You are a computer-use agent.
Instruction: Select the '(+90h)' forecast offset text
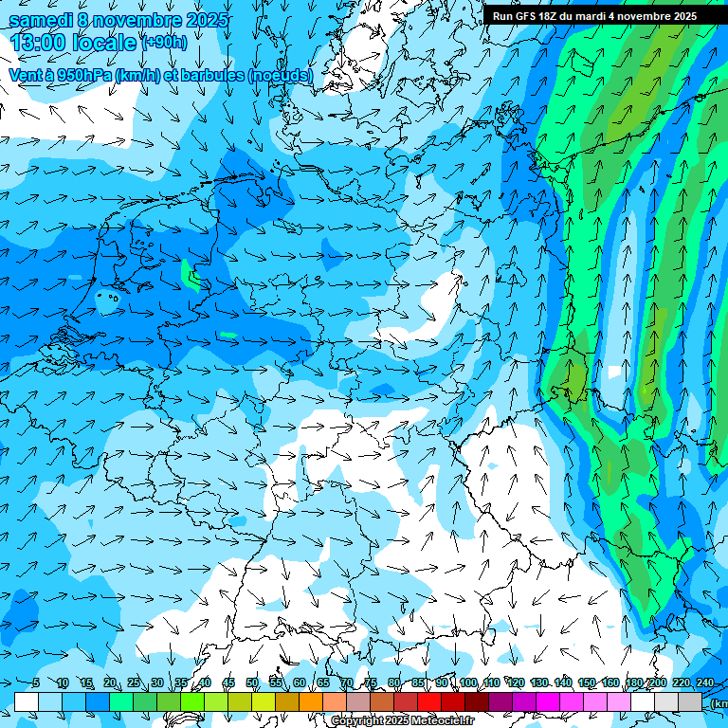click(164, 43)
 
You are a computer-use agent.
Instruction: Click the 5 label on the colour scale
click(35, 683)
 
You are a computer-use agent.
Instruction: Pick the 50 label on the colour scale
click(252, 683)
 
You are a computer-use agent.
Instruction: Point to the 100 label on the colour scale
click(467, 683)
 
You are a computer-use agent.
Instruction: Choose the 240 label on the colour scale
click(703, 683)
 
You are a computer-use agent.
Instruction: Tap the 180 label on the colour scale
click(633, 683)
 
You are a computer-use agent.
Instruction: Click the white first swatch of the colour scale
click(27, 701)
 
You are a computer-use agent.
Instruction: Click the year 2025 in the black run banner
click(681, 16)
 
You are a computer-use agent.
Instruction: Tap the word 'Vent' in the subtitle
click(26, 75)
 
